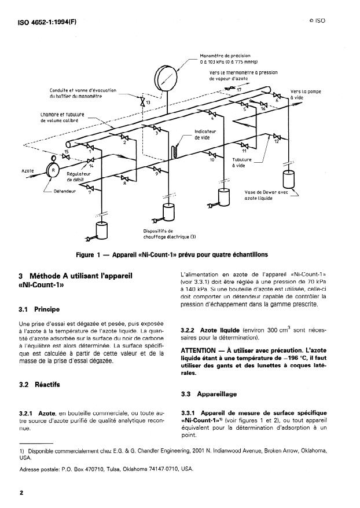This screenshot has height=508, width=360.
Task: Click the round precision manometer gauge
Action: (x=168, y=78)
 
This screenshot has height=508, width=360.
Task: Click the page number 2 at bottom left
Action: (x=20, y=493)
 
